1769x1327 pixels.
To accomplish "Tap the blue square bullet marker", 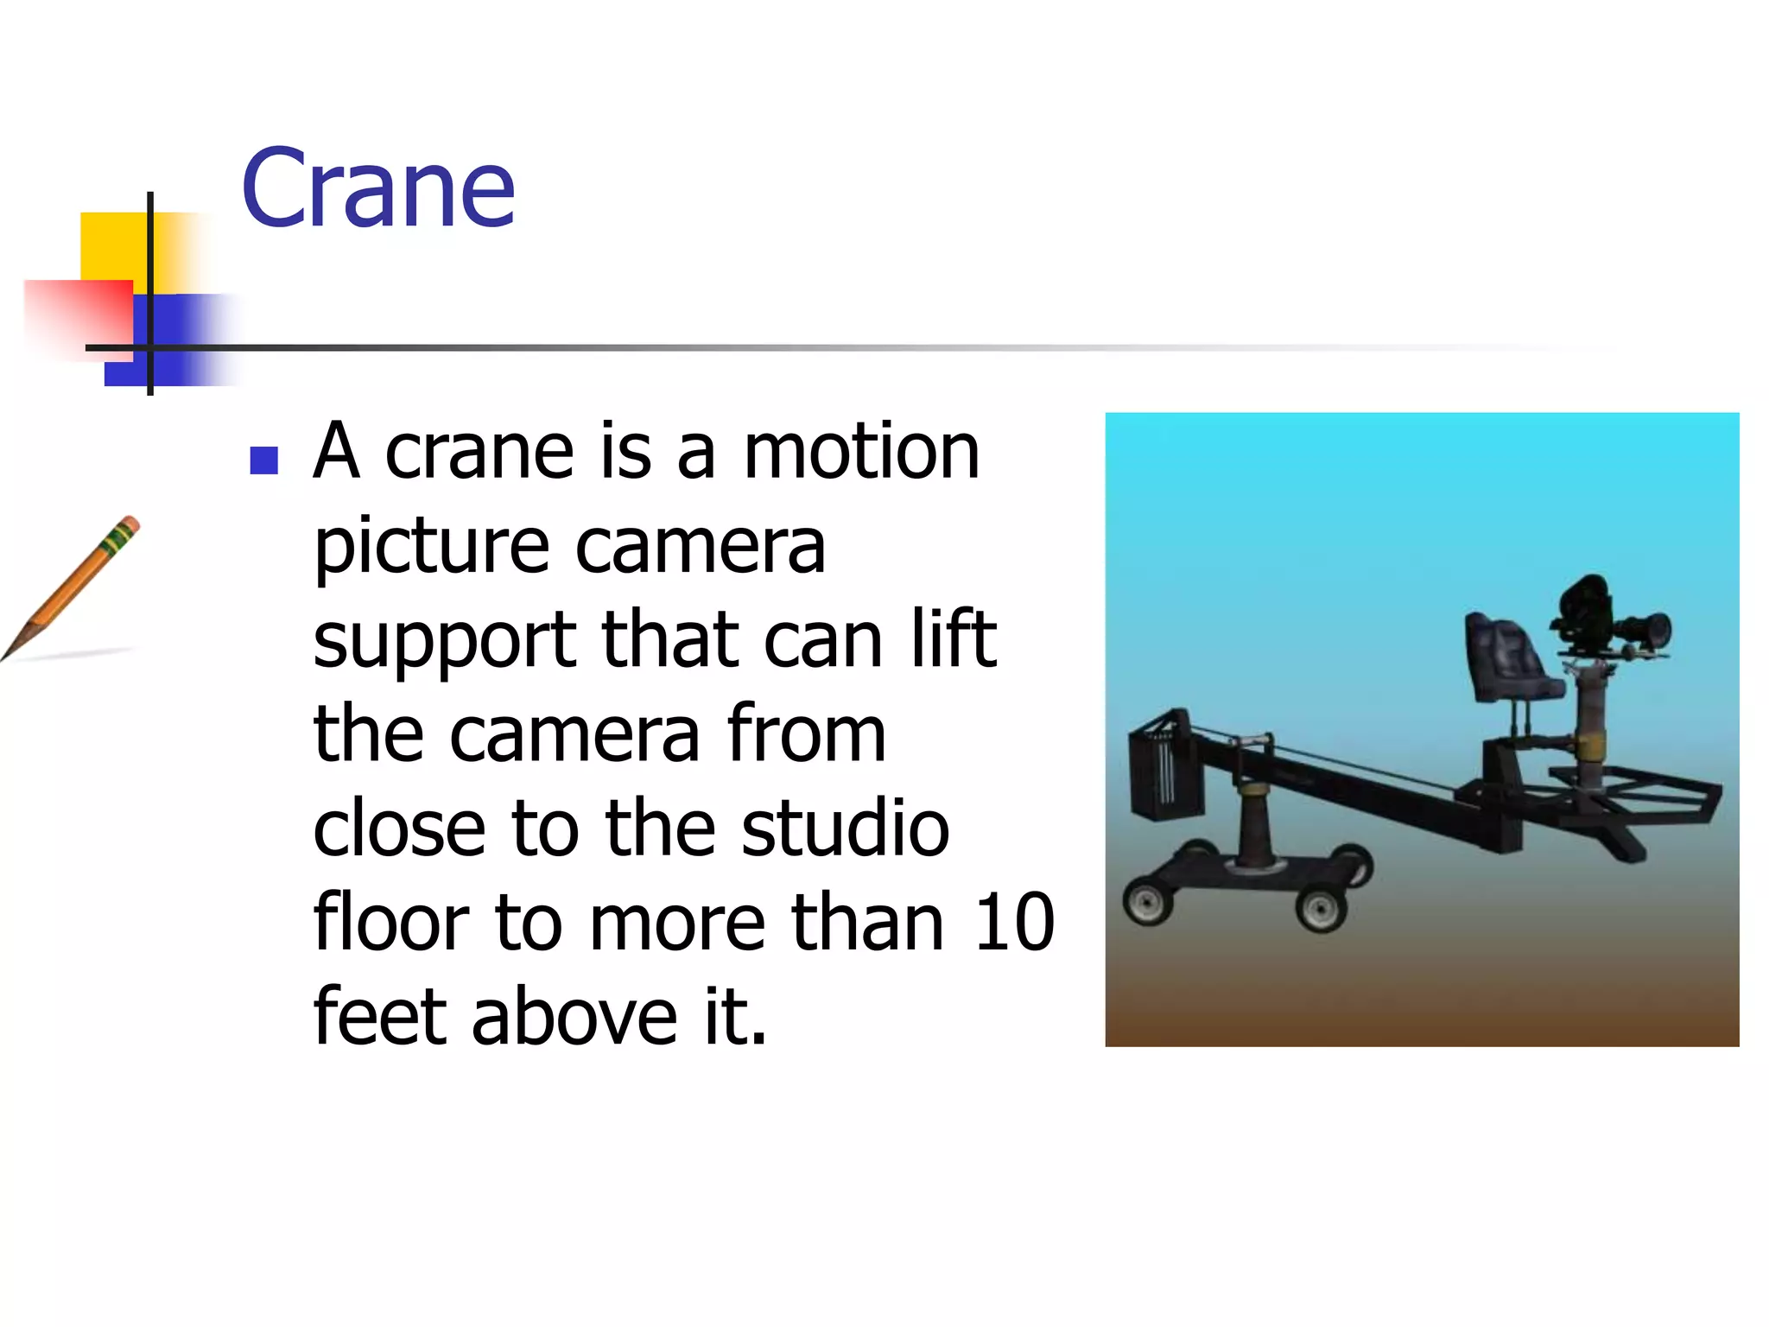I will tap(263, 460).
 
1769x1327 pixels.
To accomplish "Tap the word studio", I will tap(845, 828).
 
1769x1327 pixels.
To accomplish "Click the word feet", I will tap(380, 1017).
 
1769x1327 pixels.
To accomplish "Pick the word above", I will tap(574, 1017).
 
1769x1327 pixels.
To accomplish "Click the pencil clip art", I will tap(69, 587).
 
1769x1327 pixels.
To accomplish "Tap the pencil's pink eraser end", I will tap(130, 524).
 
